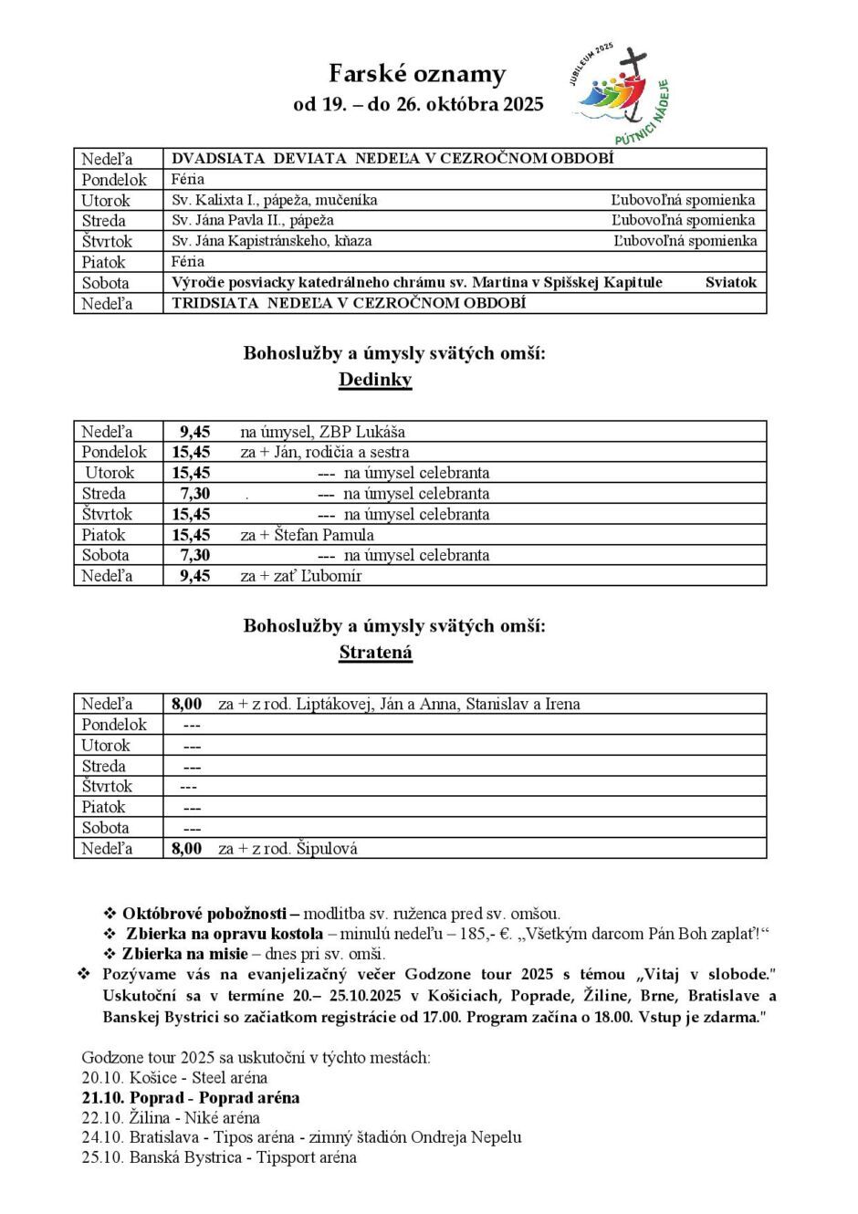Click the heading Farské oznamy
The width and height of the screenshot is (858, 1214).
pyautogui.click(x=417, y=74)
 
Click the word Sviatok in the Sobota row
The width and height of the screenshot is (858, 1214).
pyautogui.click(x=731, y=282)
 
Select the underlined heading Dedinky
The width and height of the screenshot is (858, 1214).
pyautogui.click(x=375, y=380)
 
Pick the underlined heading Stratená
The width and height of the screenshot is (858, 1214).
pyautogui.click(x=375, y=653)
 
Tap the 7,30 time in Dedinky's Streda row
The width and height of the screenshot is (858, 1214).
pyautogui.click(x=194, y=494)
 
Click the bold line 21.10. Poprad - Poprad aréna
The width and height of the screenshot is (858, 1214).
pyautogui.click(x=191, y=1097)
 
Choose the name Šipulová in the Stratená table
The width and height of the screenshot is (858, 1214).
pyautogui.click(x=327, y=848)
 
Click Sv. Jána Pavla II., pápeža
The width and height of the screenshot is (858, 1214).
pyautogui.click(x=253, y=220)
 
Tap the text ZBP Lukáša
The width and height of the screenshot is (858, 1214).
pyautogui.click(x=361, y=432)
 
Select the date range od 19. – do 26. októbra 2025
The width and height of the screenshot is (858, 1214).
pyautogui.click(x=418, y=104)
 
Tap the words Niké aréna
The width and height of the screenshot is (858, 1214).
pyautogui.click(x=222, y=1117)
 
